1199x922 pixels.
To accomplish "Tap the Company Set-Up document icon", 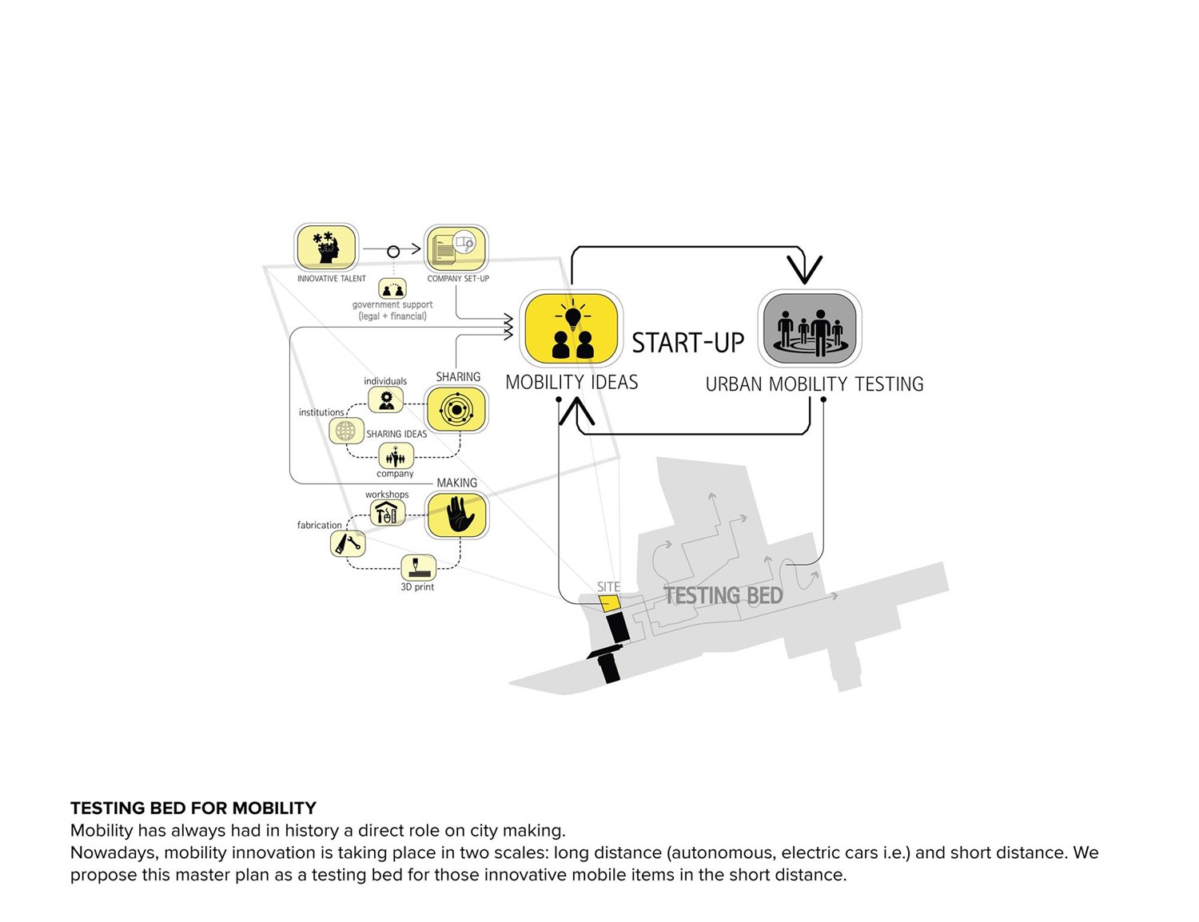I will pos(456,248).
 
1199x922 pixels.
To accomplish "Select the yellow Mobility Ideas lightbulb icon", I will pos(572,328).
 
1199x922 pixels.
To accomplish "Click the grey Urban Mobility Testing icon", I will pos(810,328).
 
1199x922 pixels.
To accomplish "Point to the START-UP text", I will pos(687,343).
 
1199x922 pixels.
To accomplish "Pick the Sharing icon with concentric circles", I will pos(456,409).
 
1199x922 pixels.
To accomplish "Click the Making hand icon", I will pos(456,515).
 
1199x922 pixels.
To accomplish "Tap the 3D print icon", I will pos(418,567).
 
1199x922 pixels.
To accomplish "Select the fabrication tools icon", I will pos(348,543).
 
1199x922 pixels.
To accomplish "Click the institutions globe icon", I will pos(346,431).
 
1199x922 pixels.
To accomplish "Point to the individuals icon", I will pos(386,399).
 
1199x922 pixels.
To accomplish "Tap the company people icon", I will pos(396,457).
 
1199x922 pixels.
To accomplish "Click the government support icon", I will pos(392,288).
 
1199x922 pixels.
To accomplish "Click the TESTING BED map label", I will pos(723,595).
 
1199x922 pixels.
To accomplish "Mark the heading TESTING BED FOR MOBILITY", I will pos(193,808).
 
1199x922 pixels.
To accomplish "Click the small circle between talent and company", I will pos(393,252).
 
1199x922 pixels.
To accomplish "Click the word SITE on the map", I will pos(608,586).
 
